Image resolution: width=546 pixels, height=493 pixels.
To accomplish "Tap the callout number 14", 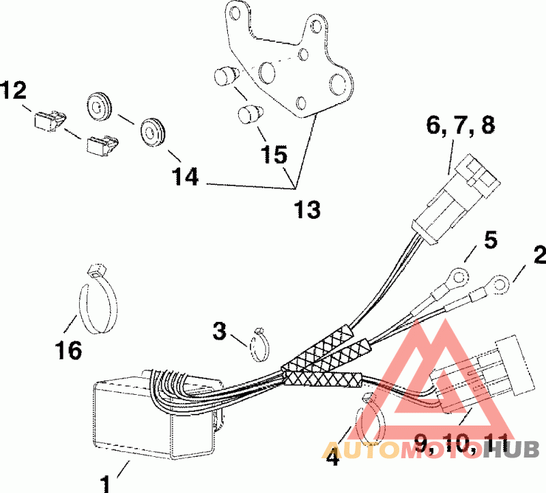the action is pyautogui.click(x=185, y=177).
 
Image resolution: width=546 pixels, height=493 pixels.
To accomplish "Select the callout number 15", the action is pyautogui.click(x=274, y=154).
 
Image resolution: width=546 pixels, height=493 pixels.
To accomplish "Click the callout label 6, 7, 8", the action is pyautogui.click(x=461, y=126).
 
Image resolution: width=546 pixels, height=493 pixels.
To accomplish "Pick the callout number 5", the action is pyautogui.click(x=491, y=239).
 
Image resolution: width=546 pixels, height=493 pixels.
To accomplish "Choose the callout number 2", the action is pyautogui.click(x=538, y=256).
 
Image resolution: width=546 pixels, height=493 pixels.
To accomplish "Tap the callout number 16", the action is pyautogui.click(x=68, y=350).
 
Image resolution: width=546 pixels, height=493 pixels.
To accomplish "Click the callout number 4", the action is pyautogui.click(x=332, y=458).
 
